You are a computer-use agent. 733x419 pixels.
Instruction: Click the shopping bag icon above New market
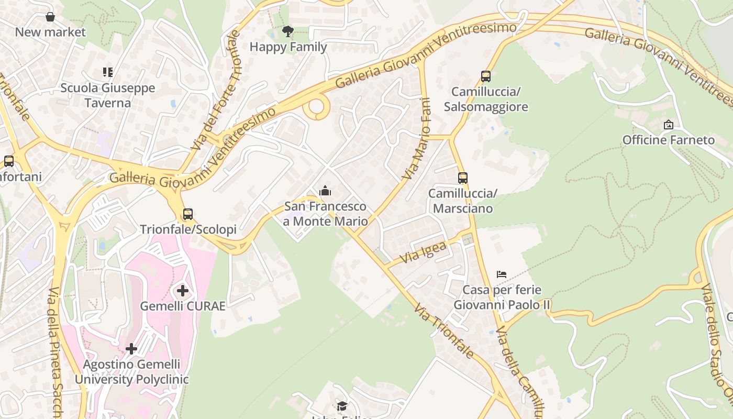coord(50,17)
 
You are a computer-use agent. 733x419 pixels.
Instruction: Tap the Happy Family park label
coord(288,47)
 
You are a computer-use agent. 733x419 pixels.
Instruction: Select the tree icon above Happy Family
coord(287,31)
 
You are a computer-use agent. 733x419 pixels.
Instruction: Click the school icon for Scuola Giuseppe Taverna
coord(108,72)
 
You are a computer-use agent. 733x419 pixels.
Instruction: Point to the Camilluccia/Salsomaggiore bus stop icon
coord(486,76)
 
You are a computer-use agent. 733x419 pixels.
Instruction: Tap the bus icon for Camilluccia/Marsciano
coord(462,178)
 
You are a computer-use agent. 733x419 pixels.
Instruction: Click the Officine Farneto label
coord(668,140)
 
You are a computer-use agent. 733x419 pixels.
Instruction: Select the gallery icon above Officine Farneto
coord(668,125)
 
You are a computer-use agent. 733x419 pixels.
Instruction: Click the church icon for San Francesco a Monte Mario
coord(325,191)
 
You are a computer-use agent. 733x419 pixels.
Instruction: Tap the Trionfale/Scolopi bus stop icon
coord(187,214)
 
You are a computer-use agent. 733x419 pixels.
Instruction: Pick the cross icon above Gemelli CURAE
coord(183,291)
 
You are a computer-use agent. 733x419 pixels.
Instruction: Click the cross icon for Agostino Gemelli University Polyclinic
coord(131,349)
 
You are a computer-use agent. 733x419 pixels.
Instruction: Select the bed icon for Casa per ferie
coord(502,274)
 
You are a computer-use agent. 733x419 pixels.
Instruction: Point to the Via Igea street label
coord(423,252)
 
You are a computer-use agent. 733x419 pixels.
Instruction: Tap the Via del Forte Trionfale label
coord(216,90)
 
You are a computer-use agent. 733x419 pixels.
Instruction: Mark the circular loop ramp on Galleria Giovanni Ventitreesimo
coord(317,107)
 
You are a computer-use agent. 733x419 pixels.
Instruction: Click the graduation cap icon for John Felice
coord(342,406)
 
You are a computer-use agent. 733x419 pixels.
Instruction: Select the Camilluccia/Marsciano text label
coord(462,201)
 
